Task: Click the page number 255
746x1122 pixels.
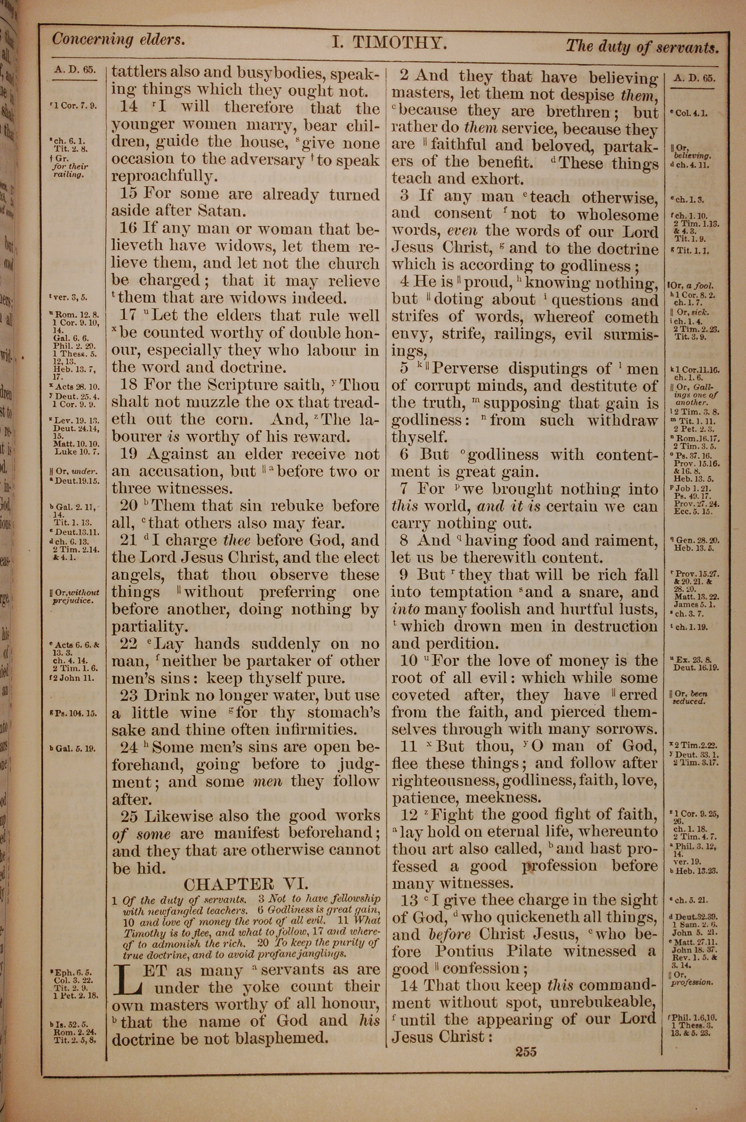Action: pos(526,1062)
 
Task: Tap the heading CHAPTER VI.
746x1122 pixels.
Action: pos(246,884)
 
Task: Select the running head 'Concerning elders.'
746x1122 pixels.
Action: pos(118,40)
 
